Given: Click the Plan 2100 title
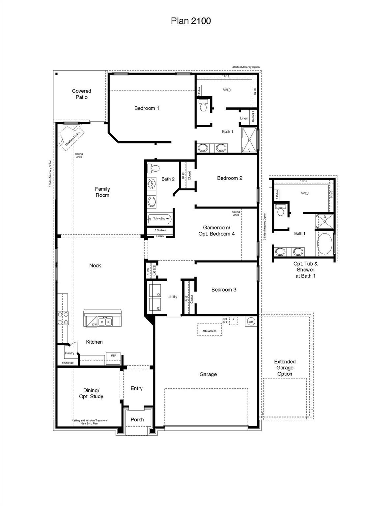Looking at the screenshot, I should pos(191,21).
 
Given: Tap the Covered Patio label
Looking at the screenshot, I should pos(81,94).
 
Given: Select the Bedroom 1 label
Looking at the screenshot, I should pos(147,108).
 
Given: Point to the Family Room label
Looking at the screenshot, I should pos(102,192).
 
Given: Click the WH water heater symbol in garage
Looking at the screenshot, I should pos(251,322).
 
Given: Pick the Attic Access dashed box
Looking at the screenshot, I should pos(209,330).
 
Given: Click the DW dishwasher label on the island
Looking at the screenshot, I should pos(95,324).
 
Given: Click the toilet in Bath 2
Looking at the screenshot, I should pos(153,168).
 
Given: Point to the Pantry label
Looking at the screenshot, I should pos(70,353).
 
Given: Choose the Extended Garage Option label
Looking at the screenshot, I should pos(285,368).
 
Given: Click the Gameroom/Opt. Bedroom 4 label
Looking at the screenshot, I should pos(216,231).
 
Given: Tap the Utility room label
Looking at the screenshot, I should pos(172,297).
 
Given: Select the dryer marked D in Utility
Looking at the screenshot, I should pos(155,290).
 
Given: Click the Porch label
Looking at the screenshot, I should pos(137,419).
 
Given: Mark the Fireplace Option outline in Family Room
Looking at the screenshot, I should pos(71,136).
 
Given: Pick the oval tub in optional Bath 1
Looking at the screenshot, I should pos(324,244).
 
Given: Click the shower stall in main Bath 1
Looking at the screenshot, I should pos(249,140).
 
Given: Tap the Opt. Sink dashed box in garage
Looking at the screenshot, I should pos(233,321).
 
